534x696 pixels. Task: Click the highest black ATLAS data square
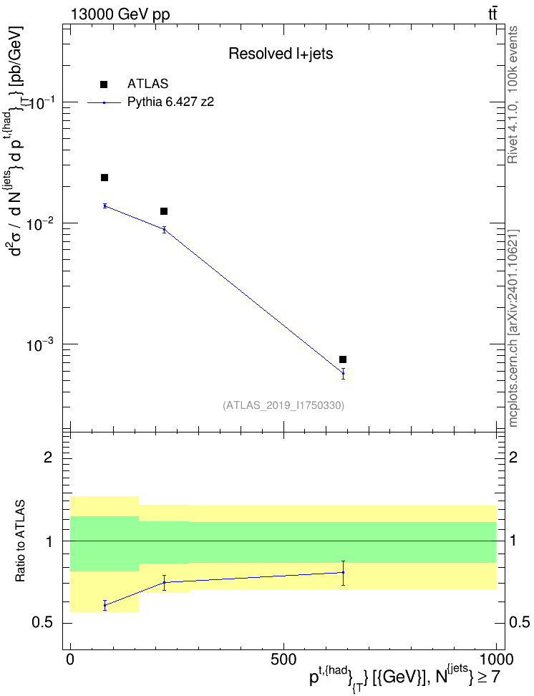tap(105, 178)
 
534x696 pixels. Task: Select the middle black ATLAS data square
tap(164, 211)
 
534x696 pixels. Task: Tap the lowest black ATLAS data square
tap(343, 359)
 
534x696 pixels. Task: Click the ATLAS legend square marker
tap(104, 84)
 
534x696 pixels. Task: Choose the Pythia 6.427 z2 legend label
tap(170, 102)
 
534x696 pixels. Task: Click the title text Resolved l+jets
tap(281, 54)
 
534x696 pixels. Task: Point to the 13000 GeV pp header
tap(120, 14)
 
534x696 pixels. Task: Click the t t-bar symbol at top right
tap(492, 14)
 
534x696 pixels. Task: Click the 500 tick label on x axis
tap(283, 659)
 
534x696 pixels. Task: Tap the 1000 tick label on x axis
tap(495, 659)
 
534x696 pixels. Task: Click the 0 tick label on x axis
tap(70, 659)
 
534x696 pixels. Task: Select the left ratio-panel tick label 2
tap(48, 457)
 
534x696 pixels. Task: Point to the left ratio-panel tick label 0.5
tap(43, 623)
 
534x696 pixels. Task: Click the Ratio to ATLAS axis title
tap(20, 541)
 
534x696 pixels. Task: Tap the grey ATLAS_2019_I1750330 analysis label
tap(283, 405)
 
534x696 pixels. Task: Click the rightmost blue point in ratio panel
tap(343, 573)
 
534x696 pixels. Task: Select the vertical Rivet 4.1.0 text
tap(513, 95)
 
